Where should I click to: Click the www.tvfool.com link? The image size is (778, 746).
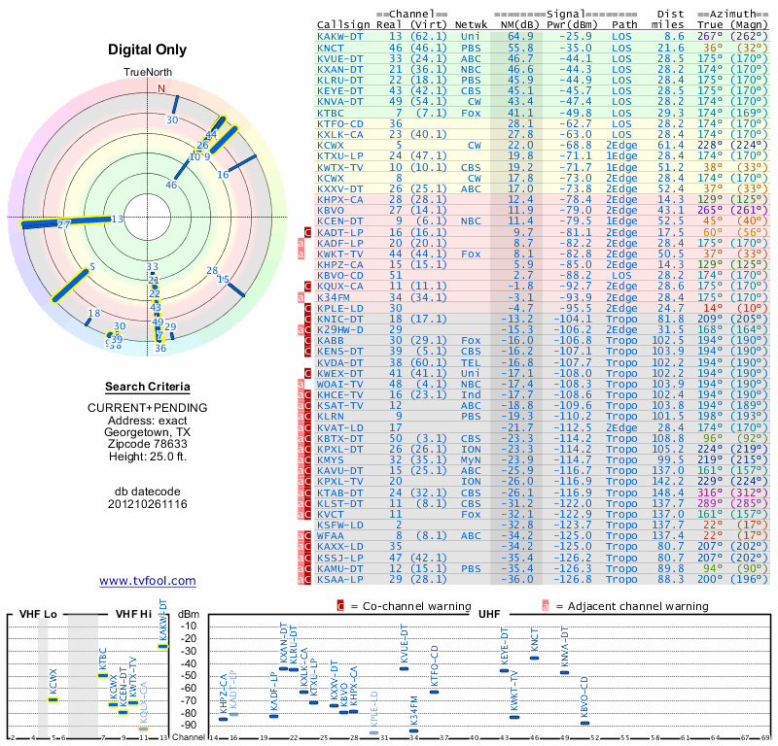click(148, 581)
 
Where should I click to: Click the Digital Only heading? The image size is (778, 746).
click(148, 50)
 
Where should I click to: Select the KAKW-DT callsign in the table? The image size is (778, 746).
click(340, 36)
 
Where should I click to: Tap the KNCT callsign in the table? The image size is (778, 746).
click(331, 47)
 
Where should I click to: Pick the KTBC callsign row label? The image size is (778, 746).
click(331, 114)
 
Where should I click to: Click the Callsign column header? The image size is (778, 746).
click(343, 23)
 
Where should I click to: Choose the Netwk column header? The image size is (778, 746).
click(472, 23)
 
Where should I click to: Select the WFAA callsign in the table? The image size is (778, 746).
click(331, 535)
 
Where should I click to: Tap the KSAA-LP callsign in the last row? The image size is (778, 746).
click(340, 579)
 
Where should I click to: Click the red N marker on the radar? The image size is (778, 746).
click(162, 87)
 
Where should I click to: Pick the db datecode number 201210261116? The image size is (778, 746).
click(148, 504)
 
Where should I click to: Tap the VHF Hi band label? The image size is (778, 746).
click(132, 615)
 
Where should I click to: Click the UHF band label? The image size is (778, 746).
click(491, 615)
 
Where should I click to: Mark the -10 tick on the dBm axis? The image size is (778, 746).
click(189, 626)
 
